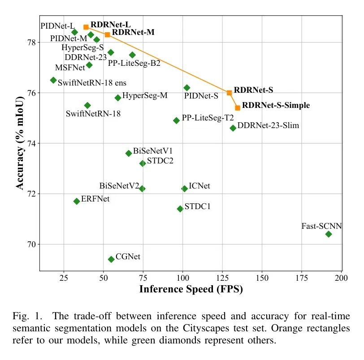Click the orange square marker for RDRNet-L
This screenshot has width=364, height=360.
(x=86, y=27)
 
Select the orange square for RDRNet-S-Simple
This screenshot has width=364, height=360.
(x=238, y=108)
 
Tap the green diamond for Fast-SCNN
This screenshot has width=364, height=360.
(x=329, y=234)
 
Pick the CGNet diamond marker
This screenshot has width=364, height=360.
(x=111, y=259)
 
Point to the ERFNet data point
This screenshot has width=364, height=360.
(x=77, y=201)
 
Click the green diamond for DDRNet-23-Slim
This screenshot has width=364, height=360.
(x=233, y=128)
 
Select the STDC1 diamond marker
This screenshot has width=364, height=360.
(x=180, y=209)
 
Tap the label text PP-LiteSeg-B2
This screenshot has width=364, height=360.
(x=134, y=64)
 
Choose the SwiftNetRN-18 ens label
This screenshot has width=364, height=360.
(x=92, y=83)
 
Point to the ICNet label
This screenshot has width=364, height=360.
(x=199, y=186)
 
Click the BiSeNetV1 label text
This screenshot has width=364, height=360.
(x=153, y=151)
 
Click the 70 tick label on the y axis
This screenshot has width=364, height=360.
(x=33, y=244)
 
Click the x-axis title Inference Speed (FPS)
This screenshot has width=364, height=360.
(x=191, y=289)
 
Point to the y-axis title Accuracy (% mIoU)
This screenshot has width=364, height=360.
(x=20, y=142)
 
